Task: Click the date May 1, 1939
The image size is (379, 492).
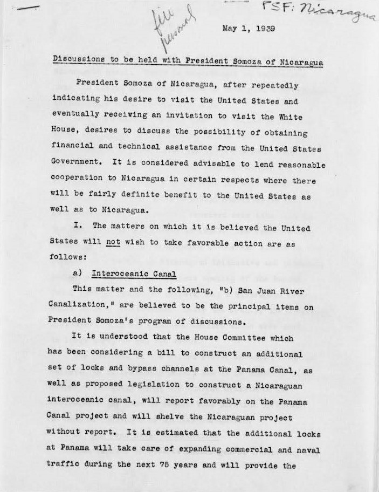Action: (249, 29)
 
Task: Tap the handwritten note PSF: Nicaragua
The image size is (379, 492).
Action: (319, 11)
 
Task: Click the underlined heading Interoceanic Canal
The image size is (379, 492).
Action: (134, 274)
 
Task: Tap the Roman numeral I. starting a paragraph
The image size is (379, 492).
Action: (78, 227)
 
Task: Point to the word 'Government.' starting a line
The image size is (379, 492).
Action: (75, 161)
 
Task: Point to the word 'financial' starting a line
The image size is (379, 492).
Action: (74, 146)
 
